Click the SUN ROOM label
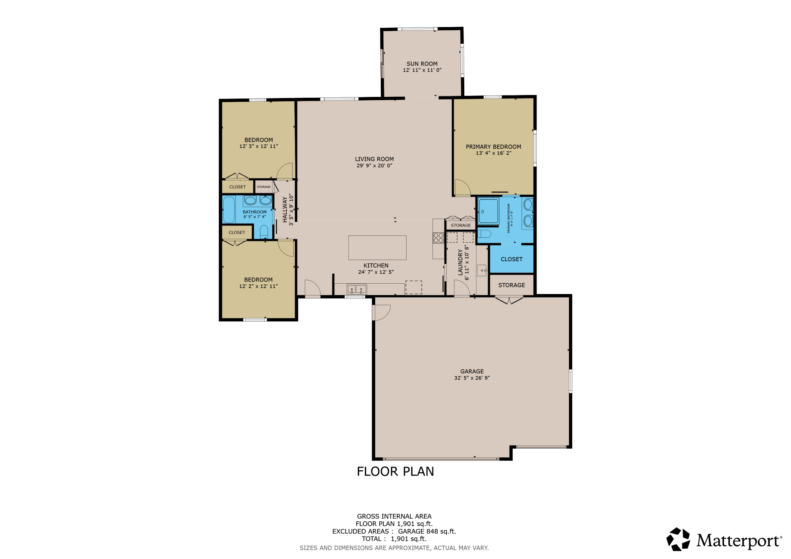422,64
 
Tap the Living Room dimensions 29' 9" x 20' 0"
374,165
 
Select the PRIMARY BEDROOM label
493,147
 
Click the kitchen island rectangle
377,248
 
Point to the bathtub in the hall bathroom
229,210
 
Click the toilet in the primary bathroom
484,233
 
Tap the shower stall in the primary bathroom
488,211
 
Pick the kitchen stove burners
438,238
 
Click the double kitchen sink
357,289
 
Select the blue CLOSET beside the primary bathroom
511,259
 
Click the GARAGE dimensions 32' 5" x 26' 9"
472,378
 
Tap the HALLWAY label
285,210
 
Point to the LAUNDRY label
461,262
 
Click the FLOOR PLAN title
395,472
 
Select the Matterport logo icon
678,539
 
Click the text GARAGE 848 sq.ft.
427,532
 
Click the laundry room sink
482,270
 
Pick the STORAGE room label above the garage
511,285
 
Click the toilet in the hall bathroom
264,232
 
